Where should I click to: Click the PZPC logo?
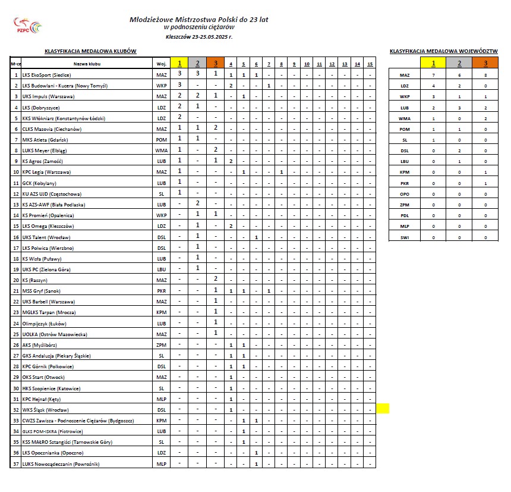[28, 26]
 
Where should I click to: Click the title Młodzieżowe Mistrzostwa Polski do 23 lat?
[198, 19]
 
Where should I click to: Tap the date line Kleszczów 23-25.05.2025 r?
[199, 37]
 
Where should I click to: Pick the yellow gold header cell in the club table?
[179, 64]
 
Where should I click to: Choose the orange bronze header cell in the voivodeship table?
[485, 64]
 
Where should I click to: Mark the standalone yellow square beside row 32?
[383, 409]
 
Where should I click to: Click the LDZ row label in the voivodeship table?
[405, 86]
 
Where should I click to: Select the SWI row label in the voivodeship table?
[405, 237]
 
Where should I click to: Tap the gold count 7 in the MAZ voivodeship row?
[434, 76]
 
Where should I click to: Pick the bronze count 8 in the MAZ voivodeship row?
[485, 76]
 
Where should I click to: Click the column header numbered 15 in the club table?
[370, 64]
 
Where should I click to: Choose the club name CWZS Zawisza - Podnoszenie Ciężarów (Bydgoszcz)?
[77, 421]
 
